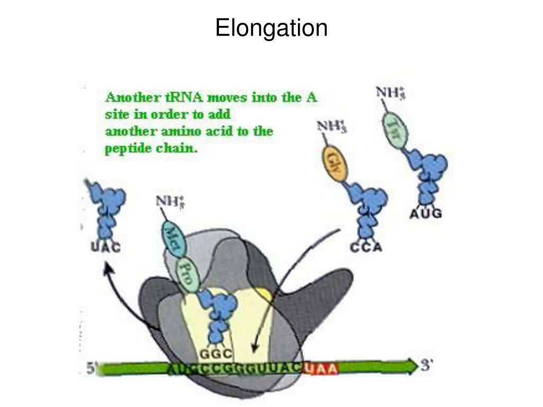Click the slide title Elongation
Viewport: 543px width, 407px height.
pyautogui.click(x=271, y=28)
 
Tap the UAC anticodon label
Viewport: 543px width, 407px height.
pyautogui.click(x=105, y=247)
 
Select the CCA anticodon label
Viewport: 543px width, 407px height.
pyautogui.click(x=366, y=247)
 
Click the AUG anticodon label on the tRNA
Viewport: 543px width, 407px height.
pyautogui.click(x=426, y=215)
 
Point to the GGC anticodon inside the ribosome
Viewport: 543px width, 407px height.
pyautogui.click(x=216, y=354)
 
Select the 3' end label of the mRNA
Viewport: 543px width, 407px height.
pyautogui.click(x=427, y=366)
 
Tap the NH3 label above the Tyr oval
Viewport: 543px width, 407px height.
pyautogui.click(x=391, y=93)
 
